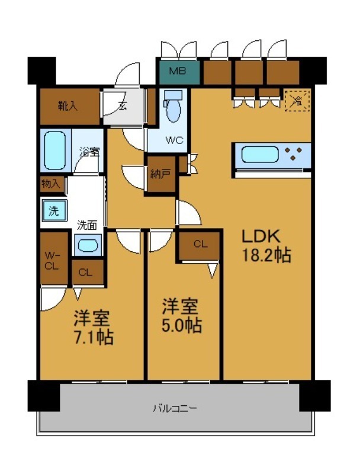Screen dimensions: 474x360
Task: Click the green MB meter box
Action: tap(177, 72)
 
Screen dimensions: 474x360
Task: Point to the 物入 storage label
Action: tap(51, 184)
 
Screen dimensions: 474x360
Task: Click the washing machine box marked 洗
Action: tap(54, 210)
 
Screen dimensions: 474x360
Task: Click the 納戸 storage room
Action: tap(160, 174)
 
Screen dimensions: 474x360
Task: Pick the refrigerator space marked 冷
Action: tap(298, 100)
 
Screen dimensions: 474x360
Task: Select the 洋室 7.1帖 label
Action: tap(93, 327)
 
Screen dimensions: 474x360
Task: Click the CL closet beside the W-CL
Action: tap(86, 273)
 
